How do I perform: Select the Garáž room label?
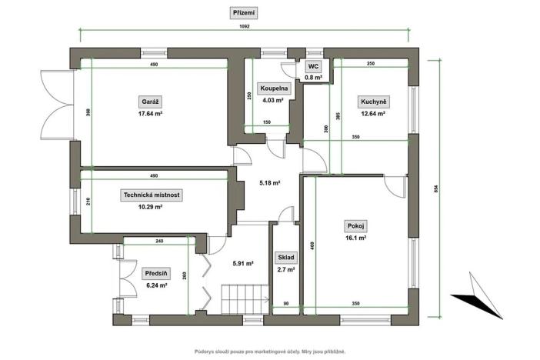pos(150,102)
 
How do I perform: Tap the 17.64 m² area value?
pos(150,113)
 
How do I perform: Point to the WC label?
pos(314,67)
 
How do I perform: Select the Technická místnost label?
pos(152,195)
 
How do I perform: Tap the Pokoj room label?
pos(354,227)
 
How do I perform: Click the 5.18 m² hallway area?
pos(269,183)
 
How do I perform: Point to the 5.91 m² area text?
pos(243,264)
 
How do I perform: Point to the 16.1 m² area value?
pos(354,238)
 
